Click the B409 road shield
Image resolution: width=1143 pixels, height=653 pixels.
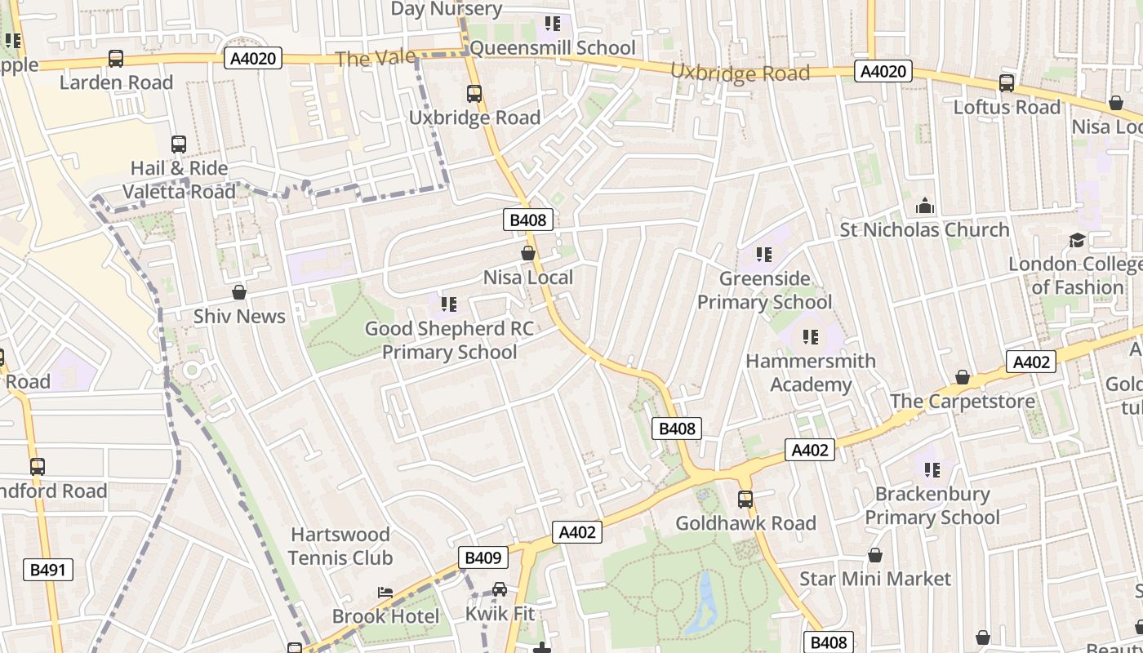[483, 557]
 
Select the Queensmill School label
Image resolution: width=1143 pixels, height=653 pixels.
[553, 47]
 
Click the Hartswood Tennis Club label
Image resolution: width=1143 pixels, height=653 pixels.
[340, 546]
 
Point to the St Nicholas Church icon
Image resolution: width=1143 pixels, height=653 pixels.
[924, 205]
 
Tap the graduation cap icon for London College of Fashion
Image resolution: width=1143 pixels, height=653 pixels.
[1077, 240]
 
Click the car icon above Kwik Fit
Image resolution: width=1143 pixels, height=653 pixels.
[500, 589]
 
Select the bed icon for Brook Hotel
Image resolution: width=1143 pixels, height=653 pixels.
[385, 592]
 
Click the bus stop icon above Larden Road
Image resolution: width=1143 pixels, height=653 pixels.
[116, 59]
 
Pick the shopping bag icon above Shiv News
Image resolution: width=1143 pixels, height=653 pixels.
[239, 291]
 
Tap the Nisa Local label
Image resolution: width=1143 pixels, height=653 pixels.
[528, 278]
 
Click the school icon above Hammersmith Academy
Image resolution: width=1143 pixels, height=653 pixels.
[810, 336]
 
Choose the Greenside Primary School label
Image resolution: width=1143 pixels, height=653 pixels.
[764, 291]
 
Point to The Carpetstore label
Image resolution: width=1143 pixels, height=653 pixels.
[962, 402]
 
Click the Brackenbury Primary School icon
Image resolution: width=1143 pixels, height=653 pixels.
[932, 469]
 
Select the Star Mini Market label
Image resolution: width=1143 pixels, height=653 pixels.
[875, 579]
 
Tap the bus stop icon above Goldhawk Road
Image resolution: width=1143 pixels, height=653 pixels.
[745, 499]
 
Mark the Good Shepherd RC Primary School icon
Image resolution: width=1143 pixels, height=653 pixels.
[448, 304]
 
